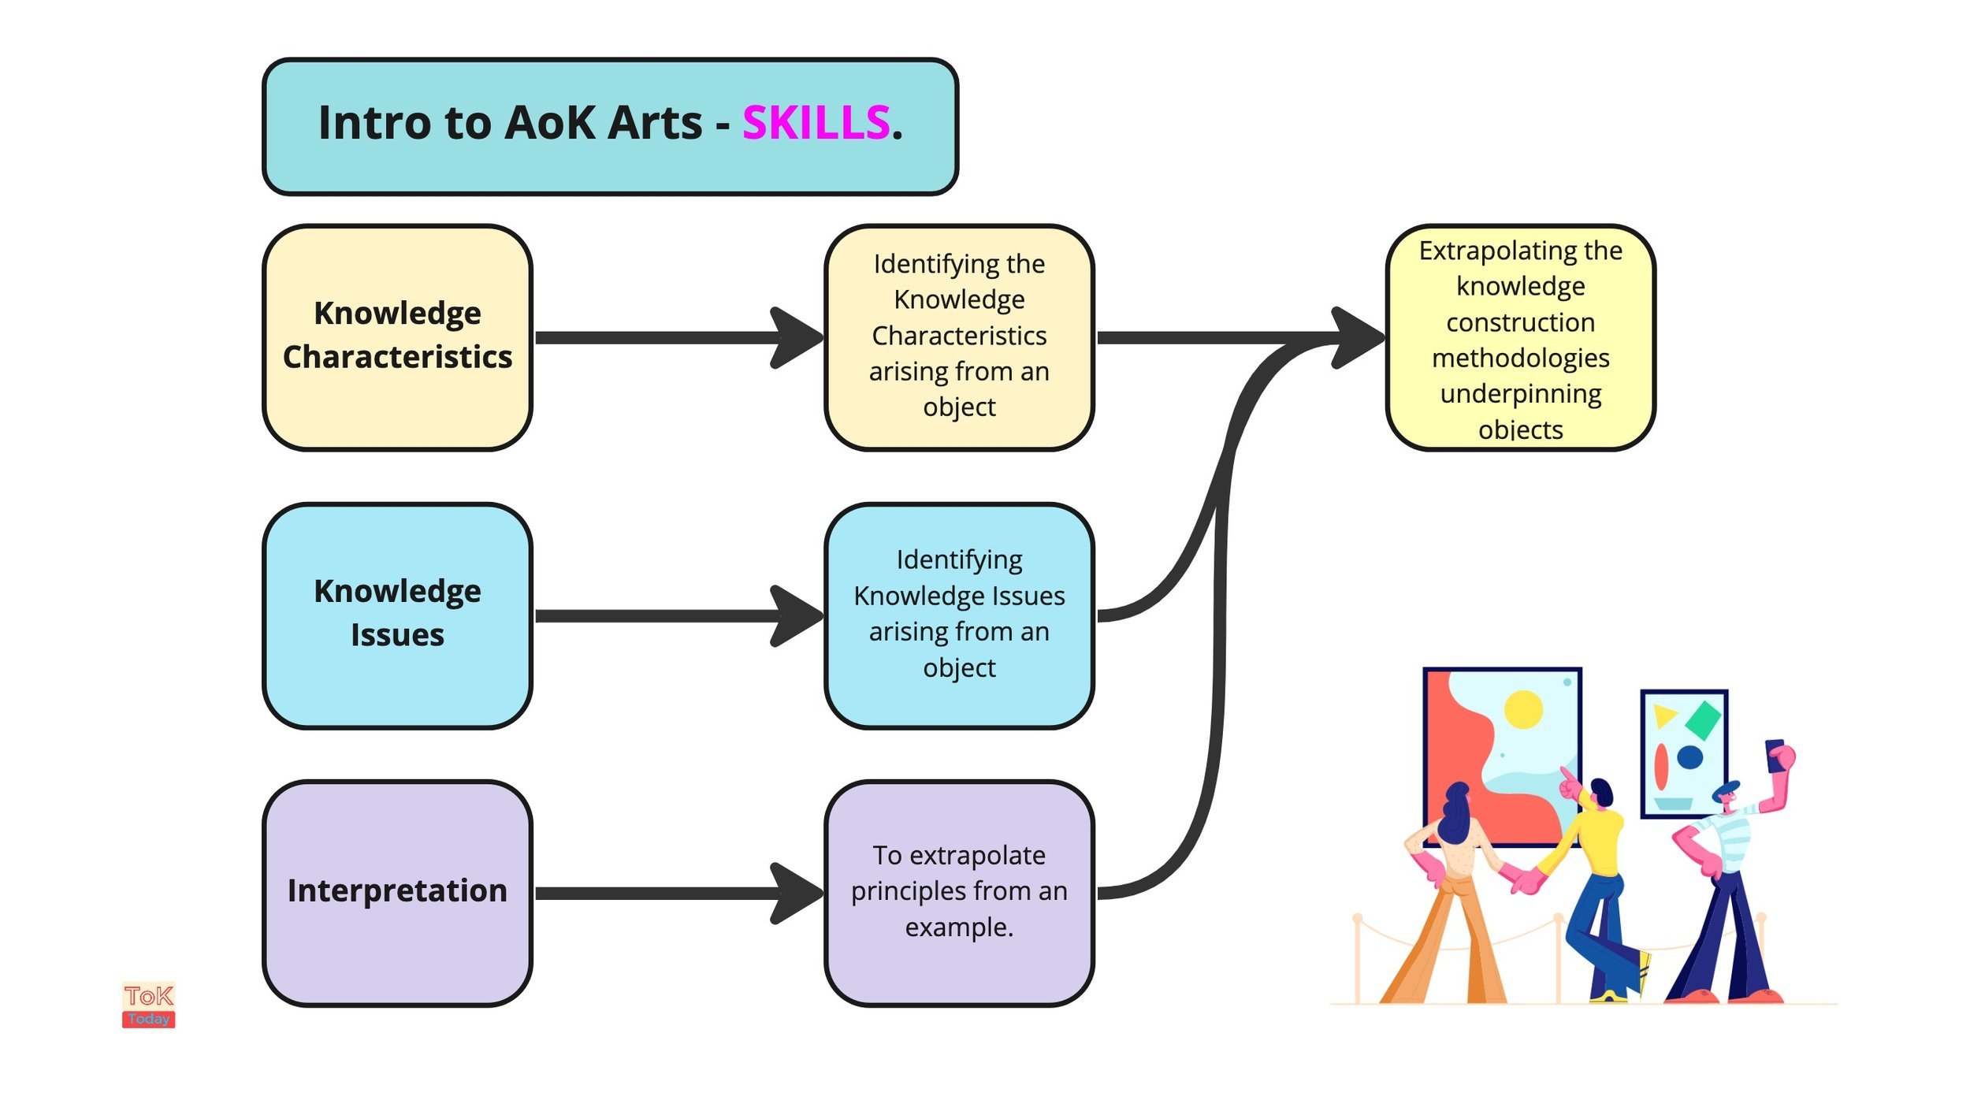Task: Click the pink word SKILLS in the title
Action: tap(816, 123)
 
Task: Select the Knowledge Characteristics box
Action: tap(397, 336)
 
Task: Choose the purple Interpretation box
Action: tap(397, 892)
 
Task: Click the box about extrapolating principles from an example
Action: tap(958, 892)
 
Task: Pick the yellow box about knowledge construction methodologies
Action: tap(1519, 336)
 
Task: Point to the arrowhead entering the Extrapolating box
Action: tap(1357, 337)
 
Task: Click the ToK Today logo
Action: tap(148, 1005)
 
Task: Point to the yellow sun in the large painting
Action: tap(1522, 709)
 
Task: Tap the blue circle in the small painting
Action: tap(1689, 757)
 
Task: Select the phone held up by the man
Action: tap(1774, 754)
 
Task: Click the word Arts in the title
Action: tap(654, 123)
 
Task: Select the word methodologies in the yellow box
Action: tap(1520, 358)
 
